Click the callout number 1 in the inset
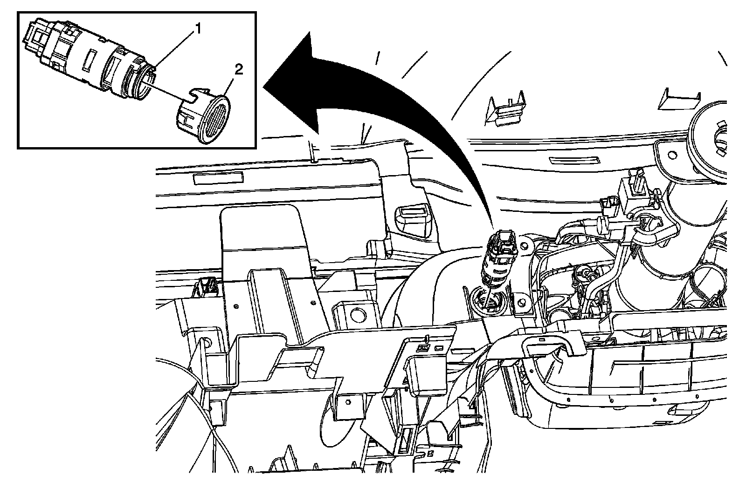click(x=198, y=29)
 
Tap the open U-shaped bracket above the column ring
click(x=676, y=99)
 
